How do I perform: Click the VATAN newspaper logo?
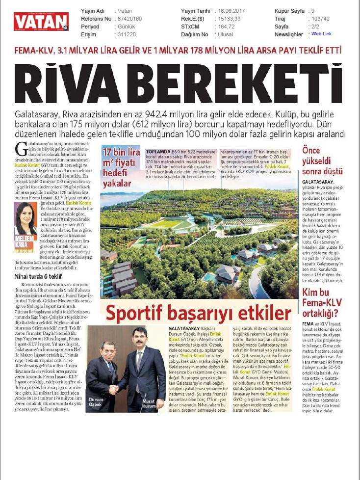point(41,22)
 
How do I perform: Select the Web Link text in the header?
point(321,34)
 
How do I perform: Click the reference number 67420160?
point(128,18)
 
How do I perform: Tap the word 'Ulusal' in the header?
point(226,34)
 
